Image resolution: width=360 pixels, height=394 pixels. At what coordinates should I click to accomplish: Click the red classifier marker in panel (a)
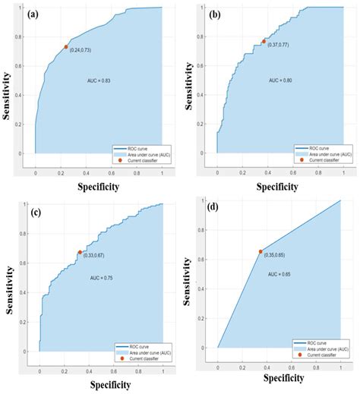[x=66, y=47]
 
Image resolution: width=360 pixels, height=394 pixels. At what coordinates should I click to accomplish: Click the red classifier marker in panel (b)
[x=264, y=42]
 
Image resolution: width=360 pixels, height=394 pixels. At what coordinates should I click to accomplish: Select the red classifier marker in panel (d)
[x=261, y=251]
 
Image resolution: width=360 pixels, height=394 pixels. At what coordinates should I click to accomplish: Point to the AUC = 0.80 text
[x=283, y=80]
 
